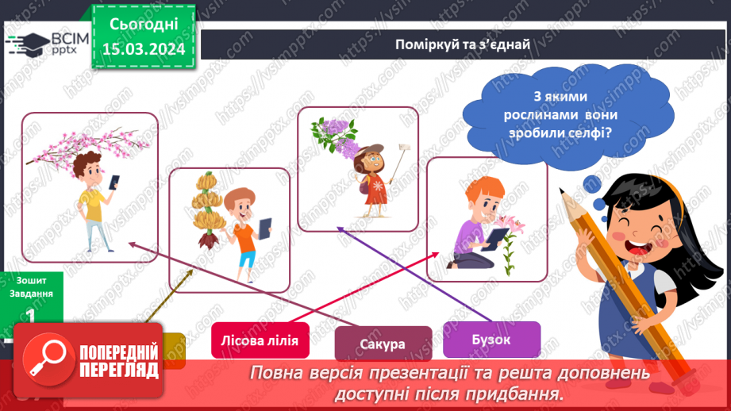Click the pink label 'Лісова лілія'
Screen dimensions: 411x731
256,341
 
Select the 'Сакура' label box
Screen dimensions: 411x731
383,344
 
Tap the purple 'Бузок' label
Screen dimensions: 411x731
491,339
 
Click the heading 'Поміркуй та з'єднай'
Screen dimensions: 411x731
463,44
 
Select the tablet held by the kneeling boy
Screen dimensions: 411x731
498,237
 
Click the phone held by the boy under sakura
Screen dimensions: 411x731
113,182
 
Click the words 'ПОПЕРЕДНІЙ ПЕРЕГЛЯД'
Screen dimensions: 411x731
119,362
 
